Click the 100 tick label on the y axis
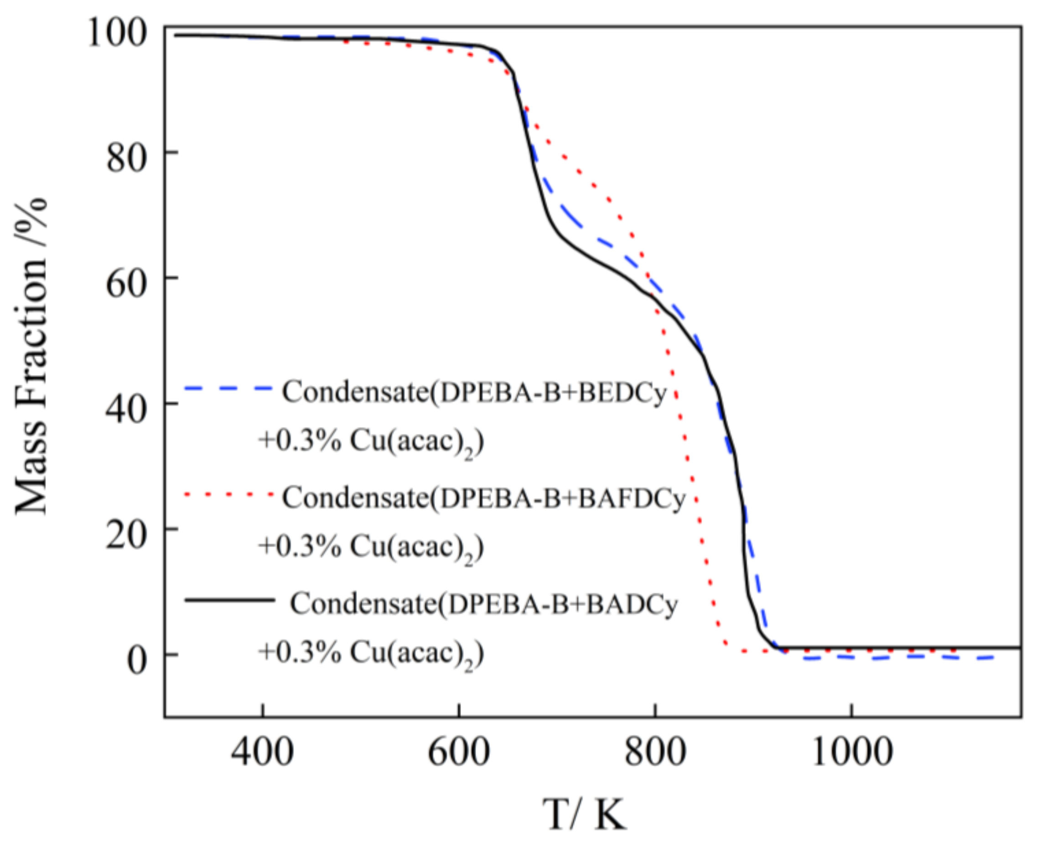(117, 35)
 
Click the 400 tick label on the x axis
(262, 752)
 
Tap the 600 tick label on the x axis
(458, 752)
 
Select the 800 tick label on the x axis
(655, 752)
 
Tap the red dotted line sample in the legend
(228, 495)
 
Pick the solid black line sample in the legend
(229, 600)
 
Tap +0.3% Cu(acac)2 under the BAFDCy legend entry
(371, 548)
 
